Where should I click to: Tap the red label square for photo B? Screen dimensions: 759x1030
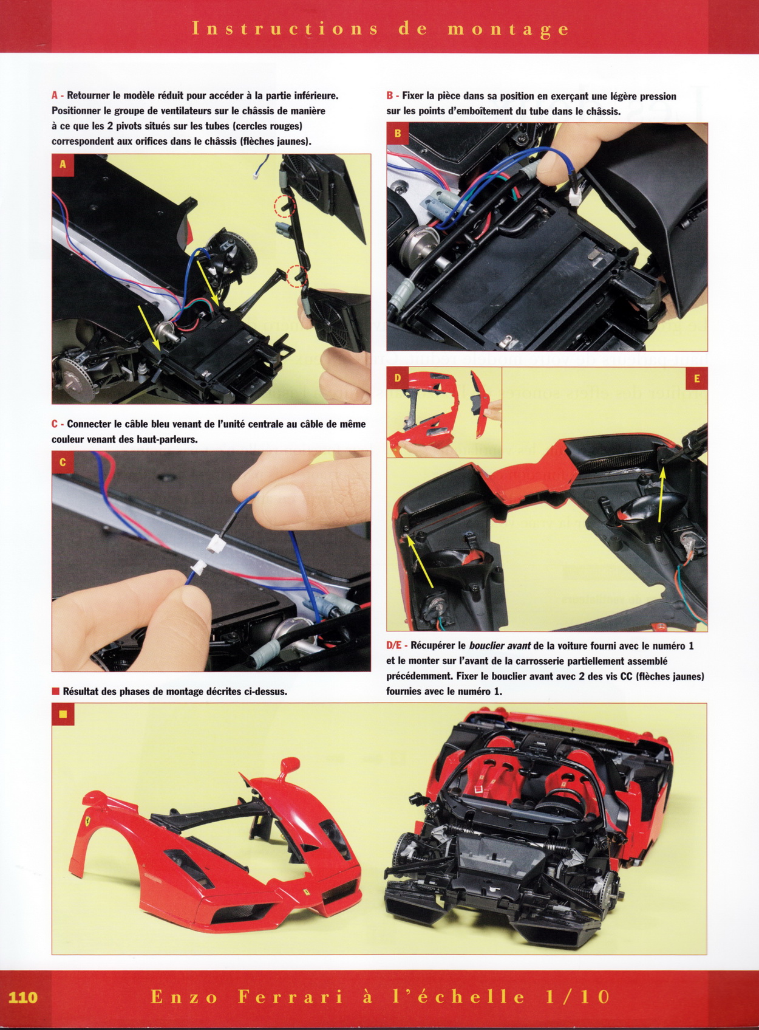(x=398, y=134)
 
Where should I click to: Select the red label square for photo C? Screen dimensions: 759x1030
(x=63, y=462)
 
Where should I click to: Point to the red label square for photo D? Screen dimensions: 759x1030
(x=398, y=379)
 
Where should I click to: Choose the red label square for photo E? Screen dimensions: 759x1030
(x=696, y=379)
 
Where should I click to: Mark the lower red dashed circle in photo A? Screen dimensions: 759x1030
(x=296, y=276)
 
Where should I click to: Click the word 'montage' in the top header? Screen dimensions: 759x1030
(x=508, y=29)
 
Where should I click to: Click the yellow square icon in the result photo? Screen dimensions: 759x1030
(x=63, y=714)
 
